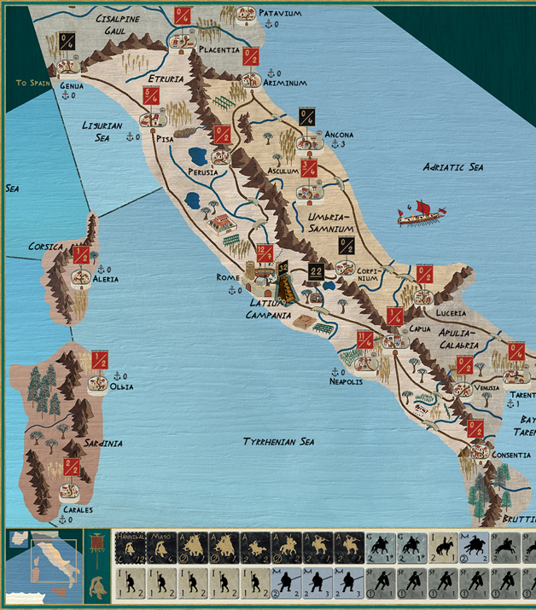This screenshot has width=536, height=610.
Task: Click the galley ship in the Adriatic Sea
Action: point(420,214)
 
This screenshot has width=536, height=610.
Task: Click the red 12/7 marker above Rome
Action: point(264,253)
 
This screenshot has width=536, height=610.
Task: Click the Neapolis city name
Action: point(347,381)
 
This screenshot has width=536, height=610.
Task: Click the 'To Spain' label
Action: point(33,84)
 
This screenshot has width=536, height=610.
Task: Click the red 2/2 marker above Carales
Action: point(72,468)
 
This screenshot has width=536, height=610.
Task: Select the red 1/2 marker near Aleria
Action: point(81,254)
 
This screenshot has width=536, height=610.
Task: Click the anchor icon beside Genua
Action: point(65,96)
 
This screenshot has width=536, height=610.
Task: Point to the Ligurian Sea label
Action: point(102,131)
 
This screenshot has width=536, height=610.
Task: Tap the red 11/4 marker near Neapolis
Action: point(365,339)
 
